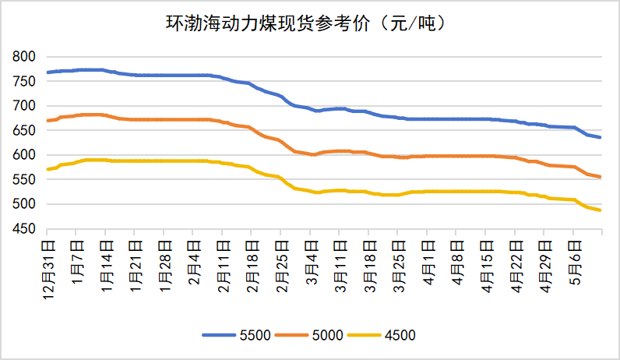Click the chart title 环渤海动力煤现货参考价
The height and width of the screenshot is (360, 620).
[267, 23]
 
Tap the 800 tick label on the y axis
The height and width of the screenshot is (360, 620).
[23, 57]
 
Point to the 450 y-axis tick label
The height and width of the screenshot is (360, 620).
[23, 228]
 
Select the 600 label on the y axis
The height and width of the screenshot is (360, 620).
[23, 155]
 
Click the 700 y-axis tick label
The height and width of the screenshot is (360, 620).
[23, 106]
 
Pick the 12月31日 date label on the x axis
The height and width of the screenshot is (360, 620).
[48, 270]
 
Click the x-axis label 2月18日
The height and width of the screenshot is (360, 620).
[252, 266]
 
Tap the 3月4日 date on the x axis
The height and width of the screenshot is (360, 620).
[312, 263]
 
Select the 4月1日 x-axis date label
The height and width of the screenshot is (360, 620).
[428, 263]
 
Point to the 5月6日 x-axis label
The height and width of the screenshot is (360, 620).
[575, 263]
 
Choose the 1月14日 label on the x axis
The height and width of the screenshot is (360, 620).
[107, 266]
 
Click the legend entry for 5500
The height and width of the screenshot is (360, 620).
[237, 335]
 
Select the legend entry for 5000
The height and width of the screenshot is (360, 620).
[308, 335]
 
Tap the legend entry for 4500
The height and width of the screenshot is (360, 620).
[382, 335]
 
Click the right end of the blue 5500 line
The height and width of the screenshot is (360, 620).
[601, 137]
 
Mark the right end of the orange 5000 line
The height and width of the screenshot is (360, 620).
[601, 177]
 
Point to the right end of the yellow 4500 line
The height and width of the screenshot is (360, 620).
[601, 210]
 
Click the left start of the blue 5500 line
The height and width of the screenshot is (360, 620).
[48, 72]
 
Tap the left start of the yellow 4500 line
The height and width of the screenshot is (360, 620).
[48, 169]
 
